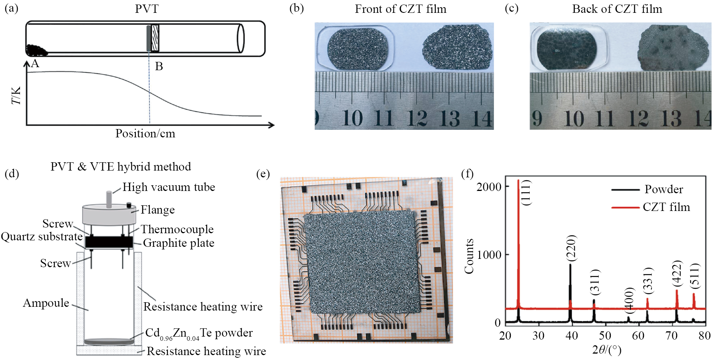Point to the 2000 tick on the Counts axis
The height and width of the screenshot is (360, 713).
coord(489,186)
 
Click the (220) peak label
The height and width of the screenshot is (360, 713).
coord(572,248)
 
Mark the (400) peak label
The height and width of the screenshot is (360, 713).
coord(629,300)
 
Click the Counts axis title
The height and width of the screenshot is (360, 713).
coord(469,256)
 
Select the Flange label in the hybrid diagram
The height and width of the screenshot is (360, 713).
coord(158,210)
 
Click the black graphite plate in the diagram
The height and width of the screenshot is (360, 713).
coord(109,242)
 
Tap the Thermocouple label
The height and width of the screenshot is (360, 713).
coord(177,229)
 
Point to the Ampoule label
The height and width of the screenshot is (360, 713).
coord(46,303)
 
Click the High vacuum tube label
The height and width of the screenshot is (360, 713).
coord(169,187)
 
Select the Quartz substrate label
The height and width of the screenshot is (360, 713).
coord(41,237)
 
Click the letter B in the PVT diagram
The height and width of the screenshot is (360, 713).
coord(159,66)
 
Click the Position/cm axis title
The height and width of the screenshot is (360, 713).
coord(145,134)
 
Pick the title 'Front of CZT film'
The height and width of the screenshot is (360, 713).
coord(401,9)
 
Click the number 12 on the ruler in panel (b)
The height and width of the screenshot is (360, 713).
coord(417,118)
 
